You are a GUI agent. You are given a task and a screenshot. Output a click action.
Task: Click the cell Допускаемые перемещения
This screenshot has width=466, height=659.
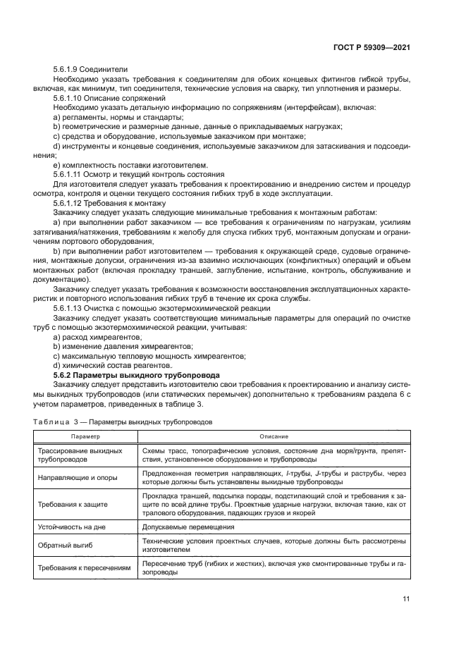(x=188, y=527)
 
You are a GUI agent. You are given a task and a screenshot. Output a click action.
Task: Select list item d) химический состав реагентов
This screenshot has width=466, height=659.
(x=112, y=365)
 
